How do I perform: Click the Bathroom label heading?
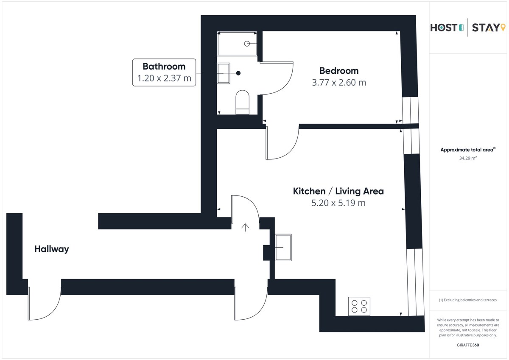[x=164, y=67]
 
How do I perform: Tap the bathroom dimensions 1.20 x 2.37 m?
[x=164, y=78]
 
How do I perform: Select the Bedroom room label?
[x=339, y=71]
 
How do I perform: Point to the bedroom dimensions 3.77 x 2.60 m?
[x=339, y=83]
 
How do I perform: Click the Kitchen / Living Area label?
[x=338, y=191]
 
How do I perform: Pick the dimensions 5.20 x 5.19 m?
[x=338, y=203]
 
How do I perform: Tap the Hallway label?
[x=52, y=249]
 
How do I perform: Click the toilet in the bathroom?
[x=243, y=102]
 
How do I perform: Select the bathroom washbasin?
[x=224, y=73]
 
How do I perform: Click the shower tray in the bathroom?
[x=237, y=44]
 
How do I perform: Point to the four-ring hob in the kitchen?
[x=359, y=307]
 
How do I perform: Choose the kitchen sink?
[x=283, y=247]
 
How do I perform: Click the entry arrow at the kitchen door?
[x=245, y=228]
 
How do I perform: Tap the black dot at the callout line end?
[x=238, y=73]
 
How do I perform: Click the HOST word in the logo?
[x=444, y=28]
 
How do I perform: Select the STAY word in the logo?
[x=486, y=28]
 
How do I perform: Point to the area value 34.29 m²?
[x=468, y=158]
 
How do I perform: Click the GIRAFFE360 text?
[x=468, y=345]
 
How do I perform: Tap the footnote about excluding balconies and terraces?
[x=467, y=300]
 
